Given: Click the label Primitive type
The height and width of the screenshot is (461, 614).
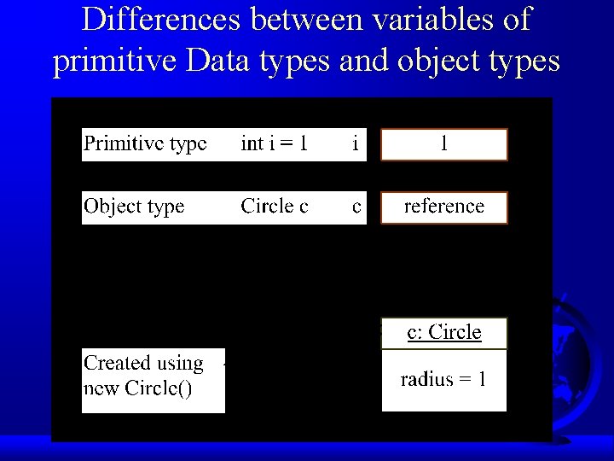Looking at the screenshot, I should click(145, 143).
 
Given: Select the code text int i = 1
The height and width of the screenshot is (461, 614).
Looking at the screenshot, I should click(275, 143).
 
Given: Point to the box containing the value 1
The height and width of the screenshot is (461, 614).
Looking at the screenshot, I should click(443, 144).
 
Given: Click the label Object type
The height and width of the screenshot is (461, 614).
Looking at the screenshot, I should click(134, 207).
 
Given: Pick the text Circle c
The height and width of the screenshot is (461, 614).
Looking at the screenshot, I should click(275, 207).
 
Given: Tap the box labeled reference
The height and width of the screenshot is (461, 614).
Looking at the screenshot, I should click(443, 207).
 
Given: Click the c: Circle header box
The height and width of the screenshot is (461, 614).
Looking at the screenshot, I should click(443, 333).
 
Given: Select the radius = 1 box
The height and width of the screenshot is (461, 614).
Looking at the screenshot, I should click(443, 380).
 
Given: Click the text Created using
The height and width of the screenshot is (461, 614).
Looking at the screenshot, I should click(143, 364).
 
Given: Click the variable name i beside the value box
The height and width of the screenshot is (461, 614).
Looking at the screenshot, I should click(356, 143).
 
